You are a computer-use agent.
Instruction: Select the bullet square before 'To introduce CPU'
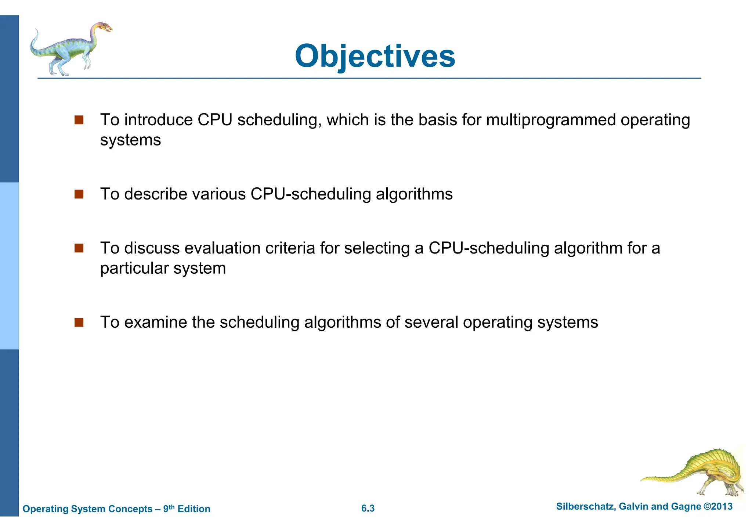pyautogui.click(x=79, y=120)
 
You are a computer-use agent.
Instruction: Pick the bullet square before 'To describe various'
pyautogui.click(x=79, y=194)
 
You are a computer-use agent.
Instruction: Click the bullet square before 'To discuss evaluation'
pyautogui.click(x=79, y=248)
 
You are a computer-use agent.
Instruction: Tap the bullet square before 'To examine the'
pyautogui.click(x=79, y=322)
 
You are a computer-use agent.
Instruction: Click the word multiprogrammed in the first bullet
pyautogui.click(x=551, y=120)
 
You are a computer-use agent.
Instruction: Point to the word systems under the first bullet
pyautogui.click(x=130, y=140)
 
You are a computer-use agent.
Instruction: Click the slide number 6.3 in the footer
pyautogui.click(x=368, y=508)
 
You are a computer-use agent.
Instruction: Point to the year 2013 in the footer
pyautogui.click(x=722, y=506)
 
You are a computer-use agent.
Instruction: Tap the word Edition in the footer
pyautogui.click(x=194, y=509)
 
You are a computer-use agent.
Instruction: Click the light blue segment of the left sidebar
pyautogui.click(x=9, y=266)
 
